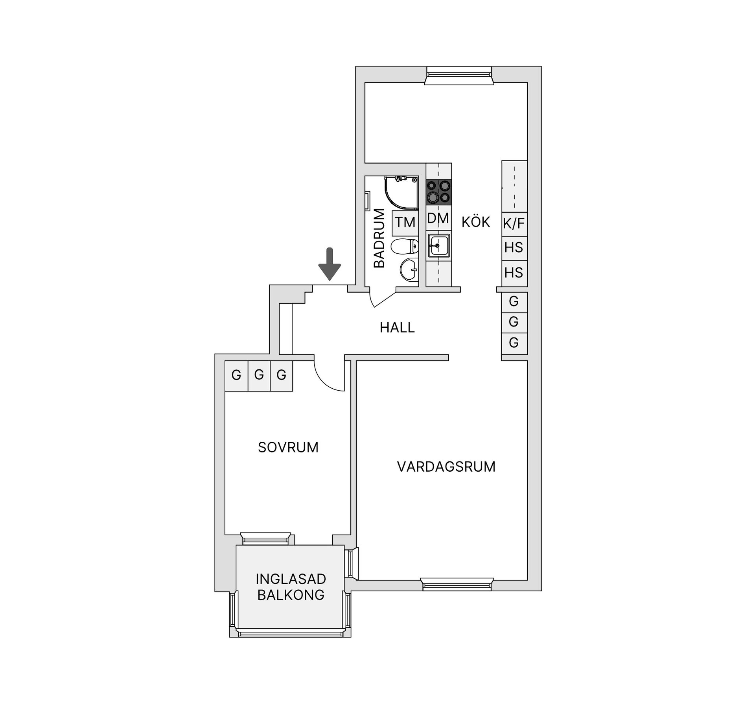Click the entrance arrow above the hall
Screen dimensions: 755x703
[x=330, y=264]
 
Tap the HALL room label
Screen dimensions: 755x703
[x=397, y=328]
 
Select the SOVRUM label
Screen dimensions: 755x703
[x=288, y=447]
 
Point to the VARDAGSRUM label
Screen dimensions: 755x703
[x=446, y=467]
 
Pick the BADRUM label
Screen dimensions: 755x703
[x=379, y=238]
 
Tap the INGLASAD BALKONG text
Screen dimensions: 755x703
[x=291, y=587]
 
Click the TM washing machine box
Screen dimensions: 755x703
[x=405, y=222]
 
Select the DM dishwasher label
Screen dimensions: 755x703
[x=438, y=218]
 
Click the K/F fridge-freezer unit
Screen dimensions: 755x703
[x=514, y=224]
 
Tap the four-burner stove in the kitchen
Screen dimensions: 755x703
[x=439, y=192]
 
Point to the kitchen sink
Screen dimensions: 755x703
[x=438, y=245]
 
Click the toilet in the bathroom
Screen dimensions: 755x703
[x=405, y=246]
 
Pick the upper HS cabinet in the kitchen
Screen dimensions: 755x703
[x=514, y=248]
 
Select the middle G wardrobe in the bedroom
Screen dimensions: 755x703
[x=259, y=376]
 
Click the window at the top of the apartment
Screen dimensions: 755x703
[x=459, y=75]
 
